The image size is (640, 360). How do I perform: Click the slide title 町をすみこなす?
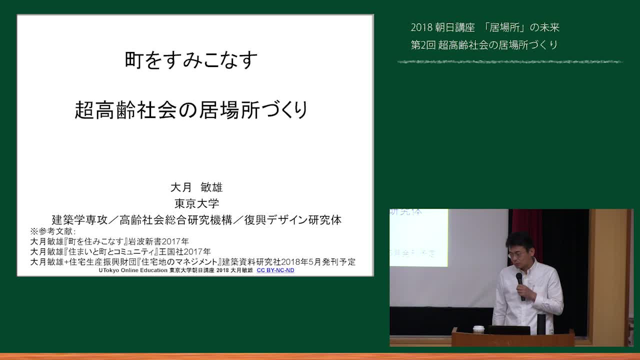pos(191,60)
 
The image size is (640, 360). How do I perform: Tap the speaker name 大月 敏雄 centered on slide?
pos(196,187)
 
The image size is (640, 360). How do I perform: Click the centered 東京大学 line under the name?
pos(196,203)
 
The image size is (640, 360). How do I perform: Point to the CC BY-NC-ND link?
pos(275,270)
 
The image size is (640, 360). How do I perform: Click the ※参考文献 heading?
pos(53,231)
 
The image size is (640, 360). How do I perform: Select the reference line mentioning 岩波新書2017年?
pos(109,241)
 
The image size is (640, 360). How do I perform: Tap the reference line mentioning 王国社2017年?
pos(120,251)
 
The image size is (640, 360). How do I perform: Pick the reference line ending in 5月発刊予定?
pos(193,261)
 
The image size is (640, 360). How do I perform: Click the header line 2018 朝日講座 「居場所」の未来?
pos(485,27)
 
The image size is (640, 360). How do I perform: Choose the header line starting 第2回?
pos(484,45)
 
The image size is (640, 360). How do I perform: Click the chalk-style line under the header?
pos(510,61)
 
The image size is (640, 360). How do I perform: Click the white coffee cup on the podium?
pos(478,329)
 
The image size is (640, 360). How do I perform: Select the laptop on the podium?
pos(508,330)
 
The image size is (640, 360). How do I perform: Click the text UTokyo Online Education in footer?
pos(133,270)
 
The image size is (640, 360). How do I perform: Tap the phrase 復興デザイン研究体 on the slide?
pos(293,220)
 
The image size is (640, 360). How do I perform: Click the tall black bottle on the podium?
pos(541,324)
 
